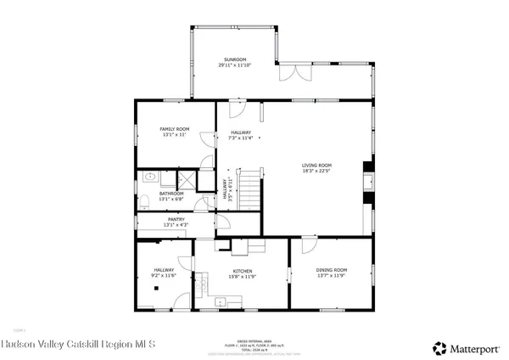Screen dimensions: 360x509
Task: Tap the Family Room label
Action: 175,129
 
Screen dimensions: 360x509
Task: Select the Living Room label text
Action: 317,165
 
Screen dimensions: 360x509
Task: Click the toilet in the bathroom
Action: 143,201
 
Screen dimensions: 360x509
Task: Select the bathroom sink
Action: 148,177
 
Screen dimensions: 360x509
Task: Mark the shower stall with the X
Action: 182,179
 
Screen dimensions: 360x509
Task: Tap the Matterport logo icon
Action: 440,347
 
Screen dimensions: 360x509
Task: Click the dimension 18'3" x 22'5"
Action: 317,170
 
